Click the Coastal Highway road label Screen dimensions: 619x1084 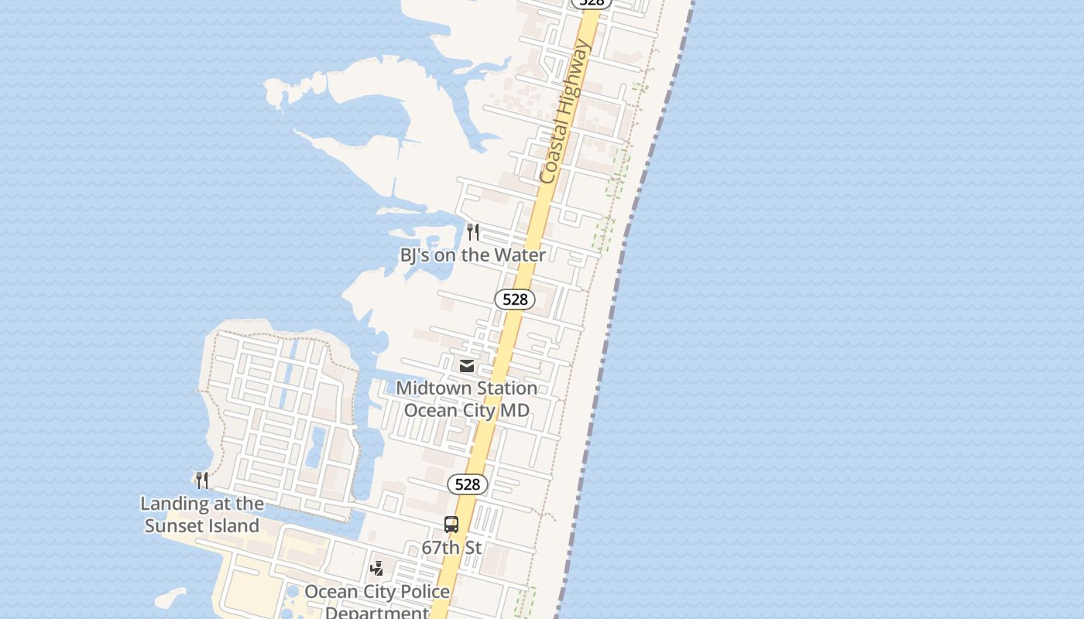click(566, 112)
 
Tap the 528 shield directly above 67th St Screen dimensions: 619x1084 click(468, 484)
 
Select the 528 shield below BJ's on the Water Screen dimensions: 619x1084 click(515, 299)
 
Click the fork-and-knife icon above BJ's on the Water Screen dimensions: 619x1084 click(473, 231)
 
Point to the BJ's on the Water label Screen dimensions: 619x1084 click(472, 255)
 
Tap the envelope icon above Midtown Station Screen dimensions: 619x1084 click(467, 365)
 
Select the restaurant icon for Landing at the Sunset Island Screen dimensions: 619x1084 click(202, 480)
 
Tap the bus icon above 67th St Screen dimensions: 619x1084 click(451, 525)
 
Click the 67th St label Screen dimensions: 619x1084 click(451, 548)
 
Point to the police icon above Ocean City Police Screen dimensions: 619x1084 click(377, 569)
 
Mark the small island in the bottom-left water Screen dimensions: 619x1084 click(171, 597)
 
